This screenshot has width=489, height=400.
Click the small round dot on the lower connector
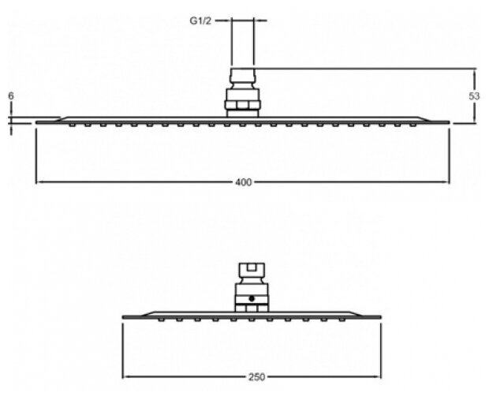coord(252,298)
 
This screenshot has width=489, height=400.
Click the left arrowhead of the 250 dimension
coord(125,376)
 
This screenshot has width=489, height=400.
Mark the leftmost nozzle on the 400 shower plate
coord(73,124)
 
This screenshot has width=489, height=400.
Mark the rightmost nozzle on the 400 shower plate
coord(414,124)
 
